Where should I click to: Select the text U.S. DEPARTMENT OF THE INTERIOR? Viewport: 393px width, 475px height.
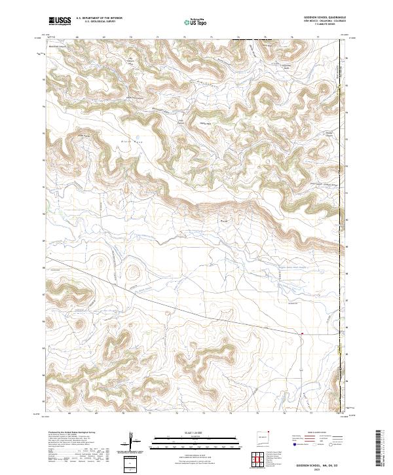click(x=99, y=19)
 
